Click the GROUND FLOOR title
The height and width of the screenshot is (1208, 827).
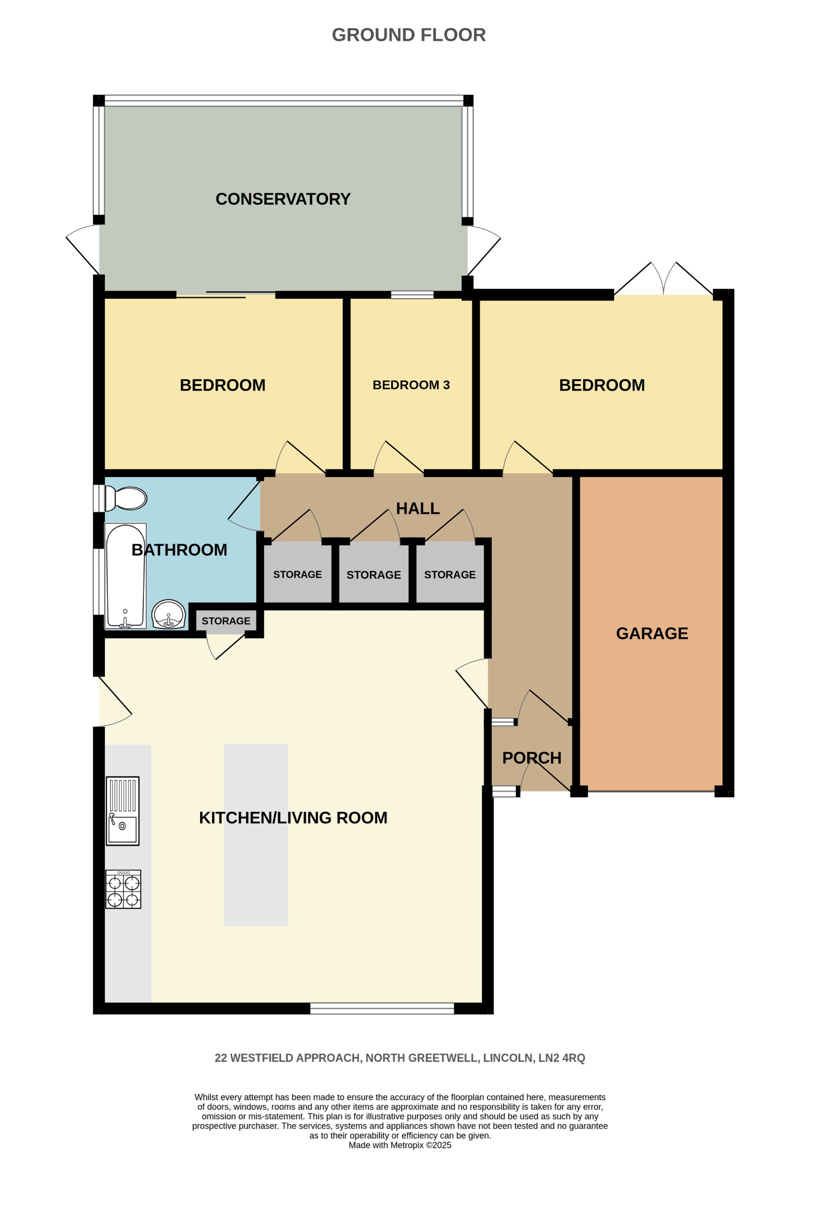(x=409, y=35)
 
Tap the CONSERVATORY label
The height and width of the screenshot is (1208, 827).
(x=283, y=199)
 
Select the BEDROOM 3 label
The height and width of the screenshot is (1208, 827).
(x=411, y=385)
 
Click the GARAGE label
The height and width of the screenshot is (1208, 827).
(x=652, y=634)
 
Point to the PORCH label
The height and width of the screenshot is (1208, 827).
(x=532, y=758)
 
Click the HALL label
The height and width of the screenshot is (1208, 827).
(x=418, y=508)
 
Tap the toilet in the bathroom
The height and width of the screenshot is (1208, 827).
(x=127, y=499)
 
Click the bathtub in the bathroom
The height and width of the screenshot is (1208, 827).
(x=125, y=576)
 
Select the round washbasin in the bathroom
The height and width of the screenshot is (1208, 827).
(x=168, y=614)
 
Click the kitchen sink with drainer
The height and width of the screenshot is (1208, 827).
(x=123, y=811)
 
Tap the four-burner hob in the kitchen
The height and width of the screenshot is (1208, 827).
(x=123, y=889)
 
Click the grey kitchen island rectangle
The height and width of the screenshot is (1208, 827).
(x=256, y=834)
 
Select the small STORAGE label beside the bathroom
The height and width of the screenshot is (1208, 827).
(x=226, y=621)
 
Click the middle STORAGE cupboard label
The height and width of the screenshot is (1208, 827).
(x=374, y=575)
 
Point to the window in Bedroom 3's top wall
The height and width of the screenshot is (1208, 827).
(x=412, y=295)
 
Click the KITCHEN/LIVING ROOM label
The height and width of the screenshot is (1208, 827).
(x=293, y=818)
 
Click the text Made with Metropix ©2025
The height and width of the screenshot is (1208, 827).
(x=400, y=1145)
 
